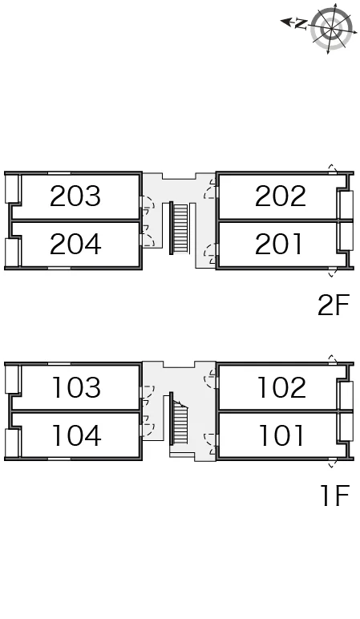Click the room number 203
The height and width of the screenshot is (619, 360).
point(75,196)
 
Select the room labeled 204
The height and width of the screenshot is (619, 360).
point(75,244)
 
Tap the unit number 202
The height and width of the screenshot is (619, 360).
point(281,196)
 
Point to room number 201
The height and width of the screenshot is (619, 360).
point(279,244)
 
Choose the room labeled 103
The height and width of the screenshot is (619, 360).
point(76,387)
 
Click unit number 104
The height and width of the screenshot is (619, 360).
point(76,435)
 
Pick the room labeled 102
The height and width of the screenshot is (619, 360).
point(281,387)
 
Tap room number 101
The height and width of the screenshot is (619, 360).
point(281,435)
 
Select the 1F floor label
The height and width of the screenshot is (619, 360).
point(335,495)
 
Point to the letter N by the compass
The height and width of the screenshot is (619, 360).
point(301,24)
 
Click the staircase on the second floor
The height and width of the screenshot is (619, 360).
point(180,229)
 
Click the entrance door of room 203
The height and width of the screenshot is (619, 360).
point(146,204)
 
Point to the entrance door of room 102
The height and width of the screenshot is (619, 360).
point(211,379)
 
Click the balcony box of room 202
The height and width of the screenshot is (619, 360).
point(345,204)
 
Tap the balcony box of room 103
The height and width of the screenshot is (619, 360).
point(12,379)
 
